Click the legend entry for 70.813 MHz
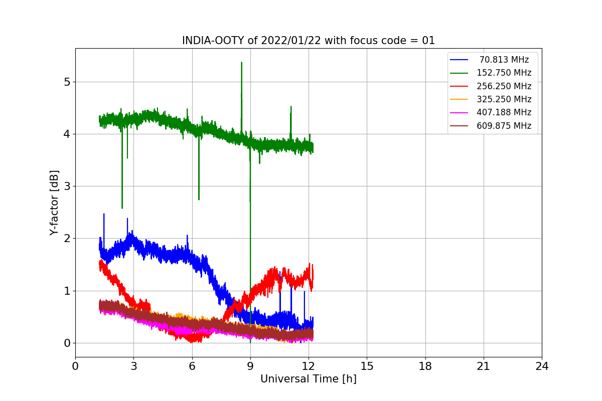pyautogui.click(x=504, y=60)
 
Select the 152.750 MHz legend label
pyautogui.click(x=504, y=73)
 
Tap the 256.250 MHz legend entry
pyautogui.click(x=504, y=86)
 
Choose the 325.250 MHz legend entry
pyautogui.click(x=504, y=99)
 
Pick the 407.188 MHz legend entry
pyautogui.click(x=504, y=112)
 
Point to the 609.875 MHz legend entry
pyautogui.click(x=504, y=126)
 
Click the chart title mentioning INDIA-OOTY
pyautogui.click(x=308, y=41)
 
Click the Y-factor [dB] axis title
pyautogui.click(x=54, y=203)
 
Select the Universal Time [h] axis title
pyautogui.click(x=308, y=379)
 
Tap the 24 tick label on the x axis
pyautogui.click(x=542, y=366)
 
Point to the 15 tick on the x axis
pyautogui.click(x=367, y=366)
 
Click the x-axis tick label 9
pyautogui.click(x=250, y=366)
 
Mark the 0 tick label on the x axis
pyautogui.click(x=75, y=366)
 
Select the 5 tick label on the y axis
pyautogui.click(x=66, y=82)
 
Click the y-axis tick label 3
pyautogui.click(x=66, y=186)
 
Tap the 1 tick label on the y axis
pyautogui.click(x=66, y=291)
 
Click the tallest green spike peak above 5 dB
pyautogui.click(x=241, y=63)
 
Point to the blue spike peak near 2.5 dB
pyautogui.click(x=104, y=214)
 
